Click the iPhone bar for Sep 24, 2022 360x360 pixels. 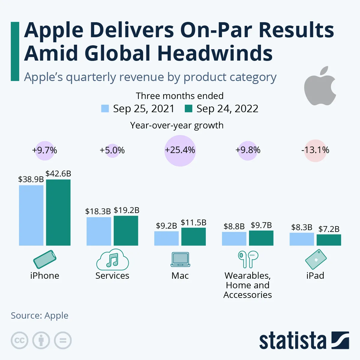[58, 212]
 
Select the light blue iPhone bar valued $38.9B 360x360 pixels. [31, 215]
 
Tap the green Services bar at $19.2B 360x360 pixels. [126, 230]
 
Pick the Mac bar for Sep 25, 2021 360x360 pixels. [166, 238]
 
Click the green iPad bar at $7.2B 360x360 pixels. [329, 240]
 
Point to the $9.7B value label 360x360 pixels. [261, 225]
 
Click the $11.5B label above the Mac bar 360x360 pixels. [193, 223]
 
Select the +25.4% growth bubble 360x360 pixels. [180, 150]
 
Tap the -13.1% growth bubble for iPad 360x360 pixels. [315, 150]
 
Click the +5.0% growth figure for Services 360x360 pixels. [112, 150]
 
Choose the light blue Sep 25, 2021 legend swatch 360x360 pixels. [105, 108]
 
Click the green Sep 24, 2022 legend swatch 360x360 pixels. [188, 108]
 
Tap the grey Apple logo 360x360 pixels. [320, 86]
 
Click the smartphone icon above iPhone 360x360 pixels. [45, 259]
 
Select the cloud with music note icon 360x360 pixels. [112, 260]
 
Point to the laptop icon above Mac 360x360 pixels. [180, 259]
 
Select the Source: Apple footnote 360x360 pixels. [40, 316]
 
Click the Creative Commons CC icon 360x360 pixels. [19, 340]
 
